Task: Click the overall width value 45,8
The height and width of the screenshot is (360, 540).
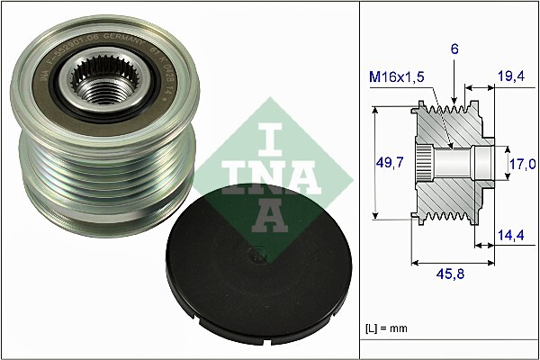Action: coord(450,274)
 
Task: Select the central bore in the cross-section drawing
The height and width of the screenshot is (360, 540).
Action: coord(454,163)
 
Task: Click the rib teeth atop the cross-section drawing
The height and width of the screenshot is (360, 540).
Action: coord(450,112)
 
